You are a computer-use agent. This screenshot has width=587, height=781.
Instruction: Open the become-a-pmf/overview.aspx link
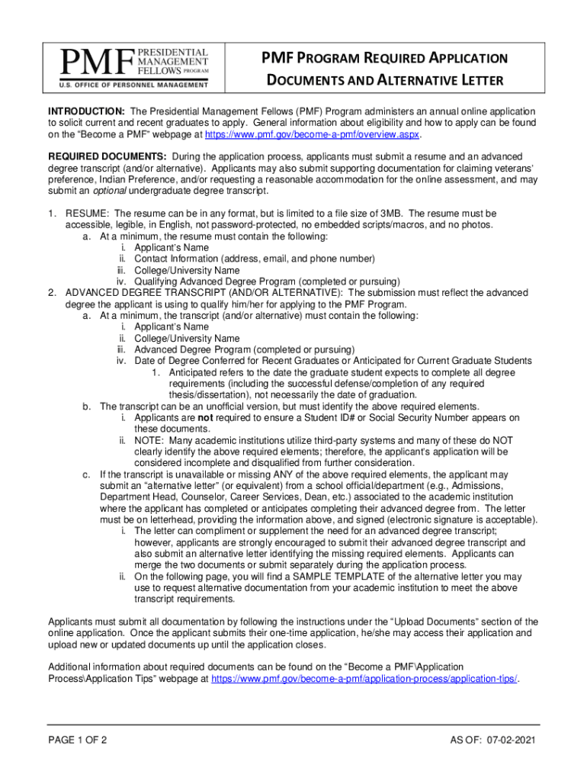(313, 134)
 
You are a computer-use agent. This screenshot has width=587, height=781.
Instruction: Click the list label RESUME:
(88, 214)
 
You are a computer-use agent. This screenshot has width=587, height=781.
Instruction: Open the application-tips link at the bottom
(364, 679)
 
